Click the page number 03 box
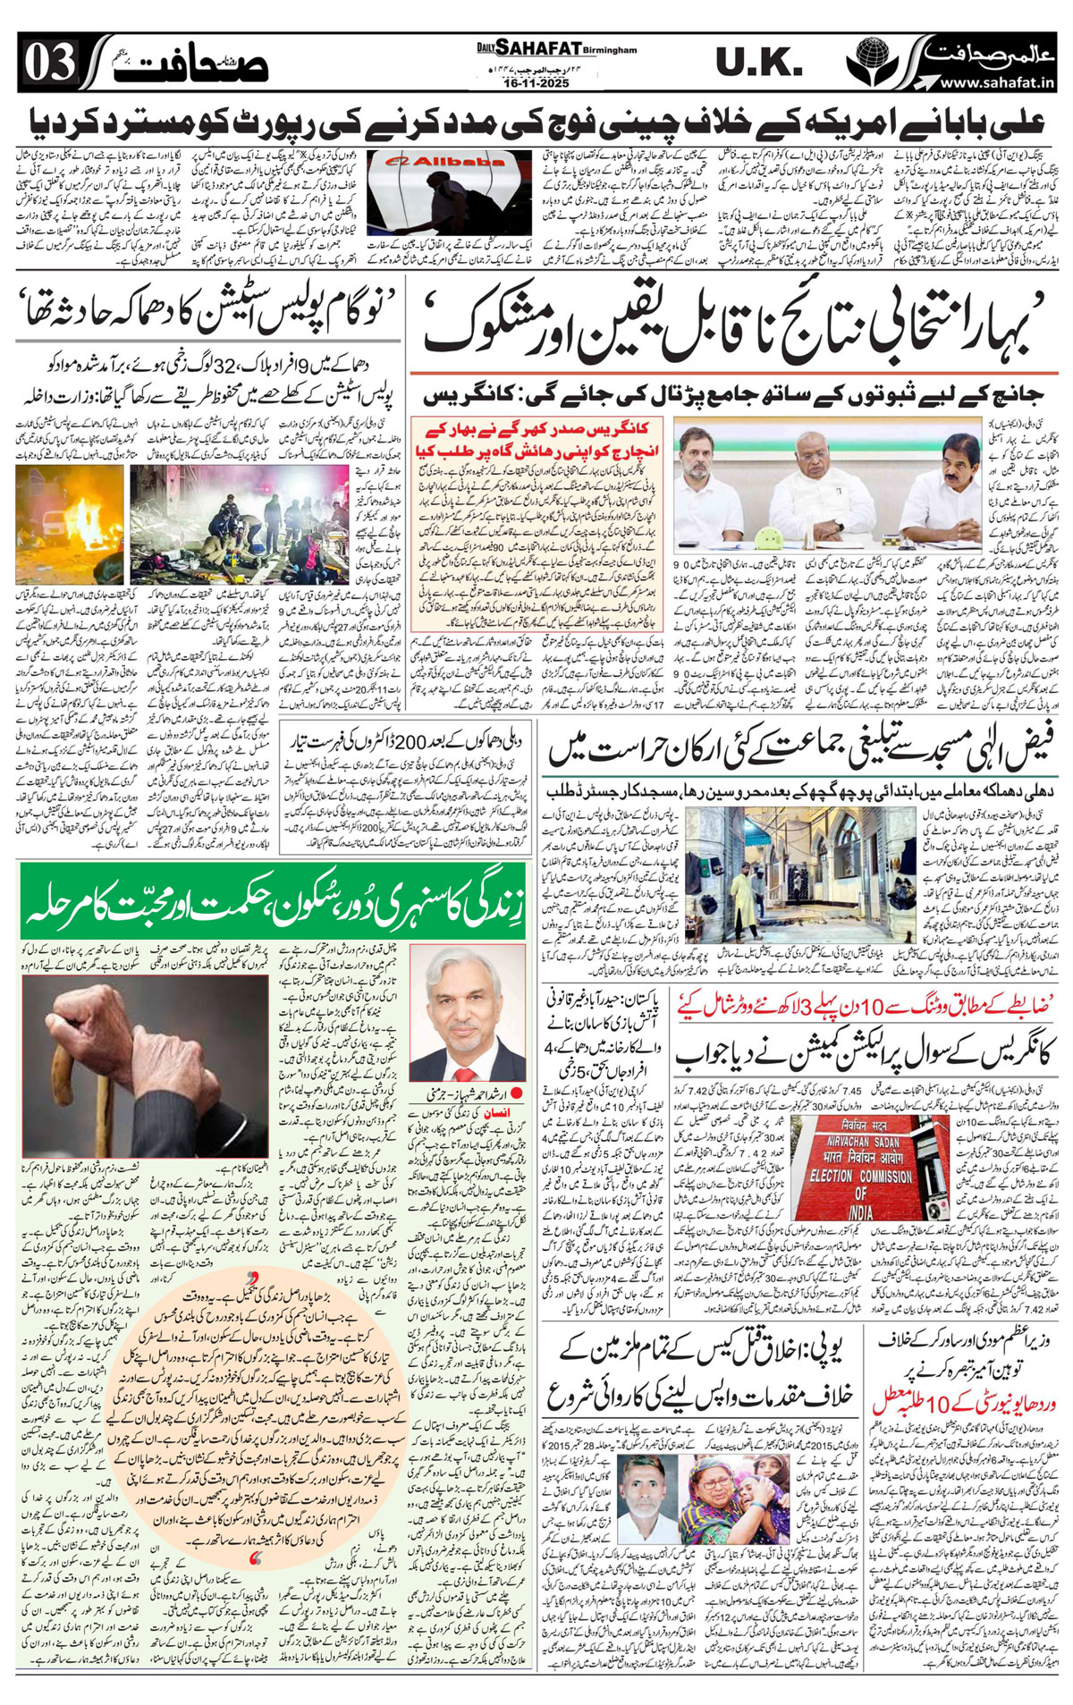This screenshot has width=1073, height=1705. click(50, 64)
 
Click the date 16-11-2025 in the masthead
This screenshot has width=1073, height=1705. click(536, 82)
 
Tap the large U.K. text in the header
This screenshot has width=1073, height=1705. click(758, 63)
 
